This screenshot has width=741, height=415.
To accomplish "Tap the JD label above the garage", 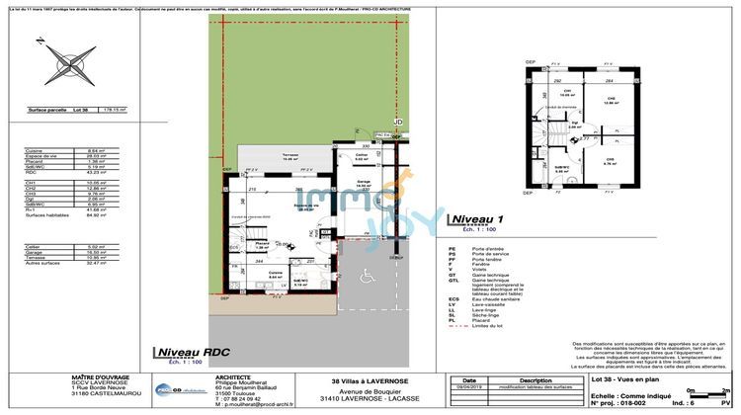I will click(399, 122).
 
